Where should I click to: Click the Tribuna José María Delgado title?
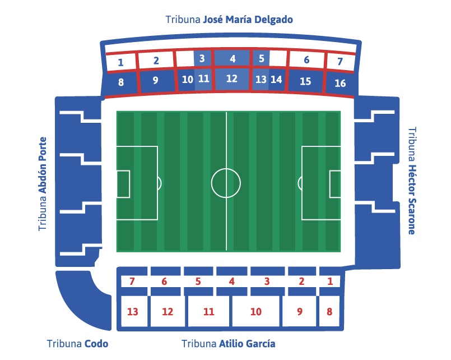pyautogui.click(x=229, y=20)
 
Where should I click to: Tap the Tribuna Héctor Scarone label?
pyautogui.click(x=412, y=180)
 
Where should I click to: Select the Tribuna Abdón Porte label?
pyautogui.click(x=43, y=184)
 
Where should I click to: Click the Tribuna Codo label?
pyautogui.click(x=77, y=344)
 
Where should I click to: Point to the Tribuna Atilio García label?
pyautogui.click(x=228, y=344)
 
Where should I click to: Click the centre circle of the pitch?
pyautogui.click(x=226, y=183)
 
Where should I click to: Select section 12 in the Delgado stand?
pyautogui.click(x=231, y=79)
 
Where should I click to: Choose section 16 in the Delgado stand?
pyautogui.click(x=340, y=84)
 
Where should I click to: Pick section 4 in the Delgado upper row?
pyautogui.click(x=232, y=58)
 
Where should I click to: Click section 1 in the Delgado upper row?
pyautogui.click(x=120, y=62)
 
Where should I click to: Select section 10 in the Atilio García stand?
pyautogui.click(x=255, y=312)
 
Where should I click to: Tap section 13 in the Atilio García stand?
pyautogui.click(x=133, y=312)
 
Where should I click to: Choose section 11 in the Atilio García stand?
pyautogui.click(x=209, y=312)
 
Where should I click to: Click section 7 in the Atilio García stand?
pyautogui.click(x=132, y=281)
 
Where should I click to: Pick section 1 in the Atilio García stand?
pyautogui.click(x=329, y=281)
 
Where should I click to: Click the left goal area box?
pyautogui.click(x=123, y=184)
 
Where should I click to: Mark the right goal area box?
pyautogui.click(x=336, y=184)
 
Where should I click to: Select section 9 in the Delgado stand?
pyautogui.click(x=156, y=81)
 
